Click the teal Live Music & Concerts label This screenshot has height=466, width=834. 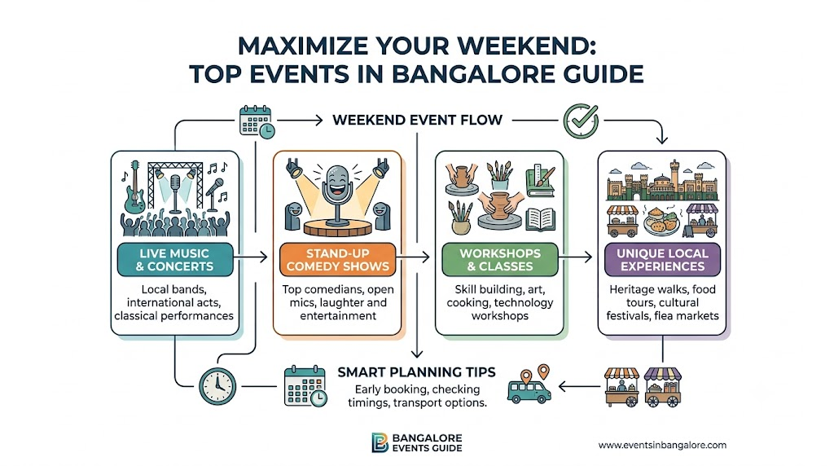click(175, 260)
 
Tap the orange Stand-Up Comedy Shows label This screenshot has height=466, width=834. click(338, 260)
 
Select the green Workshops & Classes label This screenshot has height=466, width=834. click(500, 260)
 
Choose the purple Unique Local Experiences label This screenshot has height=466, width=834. click(662, 260)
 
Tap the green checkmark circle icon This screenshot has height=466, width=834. click(581, 121)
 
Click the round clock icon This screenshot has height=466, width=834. click(217, 386)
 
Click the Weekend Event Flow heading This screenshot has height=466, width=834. click(418, 120)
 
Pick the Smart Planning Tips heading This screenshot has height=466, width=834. click(416, 371)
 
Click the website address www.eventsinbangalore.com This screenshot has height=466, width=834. click(662, 445)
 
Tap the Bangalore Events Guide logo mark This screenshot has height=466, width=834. click(380, 442)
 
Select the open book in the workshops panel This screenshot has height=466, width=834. click(541, 219)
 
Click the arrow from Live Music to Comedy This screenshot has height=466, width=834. click(250, 257)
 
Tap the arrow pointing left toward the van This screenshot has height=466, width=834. click(579, 386)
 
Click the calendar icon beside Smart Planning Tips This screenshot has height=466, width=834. click(305, 386)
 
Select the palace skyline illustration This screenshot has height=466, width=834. click(662, 180)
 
